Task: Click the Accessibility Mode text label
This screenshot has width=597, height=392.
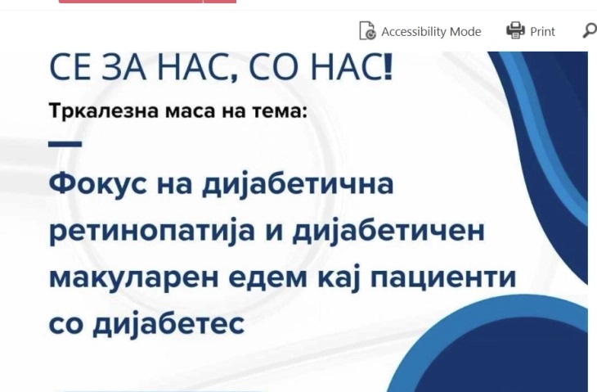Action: coord(431,32)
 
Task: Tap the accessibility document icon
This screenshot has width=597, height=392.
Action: coord(368,30)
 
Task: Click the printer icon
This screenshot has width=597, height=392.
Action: coord(515,30)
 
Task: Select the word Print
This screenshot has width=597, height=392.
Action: coord(542,32)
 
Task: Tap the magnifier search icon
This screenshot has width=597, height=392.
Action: coord(590,30)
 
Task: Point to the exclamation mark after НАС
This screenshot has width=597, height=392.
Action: coord(388,67)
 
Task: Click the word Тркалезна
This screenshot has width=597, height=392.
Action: coord(104,111)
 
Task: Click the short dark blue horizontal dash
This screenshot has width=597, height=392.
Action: coord(65,144)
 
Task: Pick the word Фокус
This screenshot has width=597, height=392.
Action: coord(98,183)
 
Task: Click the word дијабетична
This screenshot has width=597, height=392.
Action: coord(298,186)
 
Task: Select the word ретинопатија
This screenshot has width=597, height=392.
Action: coord(152,232)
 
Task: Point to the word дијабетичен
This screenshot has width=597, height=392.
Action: coord(388,232)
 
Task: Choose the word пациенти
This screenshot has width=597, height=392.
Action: coord(443,278)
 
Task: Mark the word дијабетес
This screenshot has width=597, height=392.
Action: coord(168,326)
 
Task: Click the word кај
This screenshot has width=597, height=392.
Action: coord(339,279)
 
